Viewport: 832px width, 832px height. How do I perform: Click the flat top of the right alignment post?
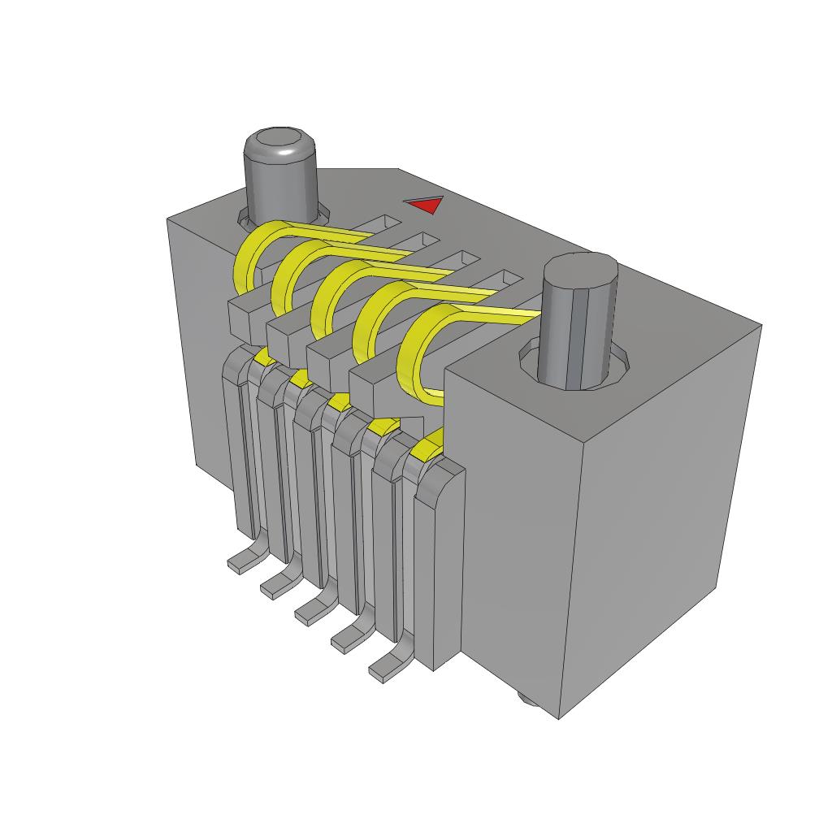[580, 269]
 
